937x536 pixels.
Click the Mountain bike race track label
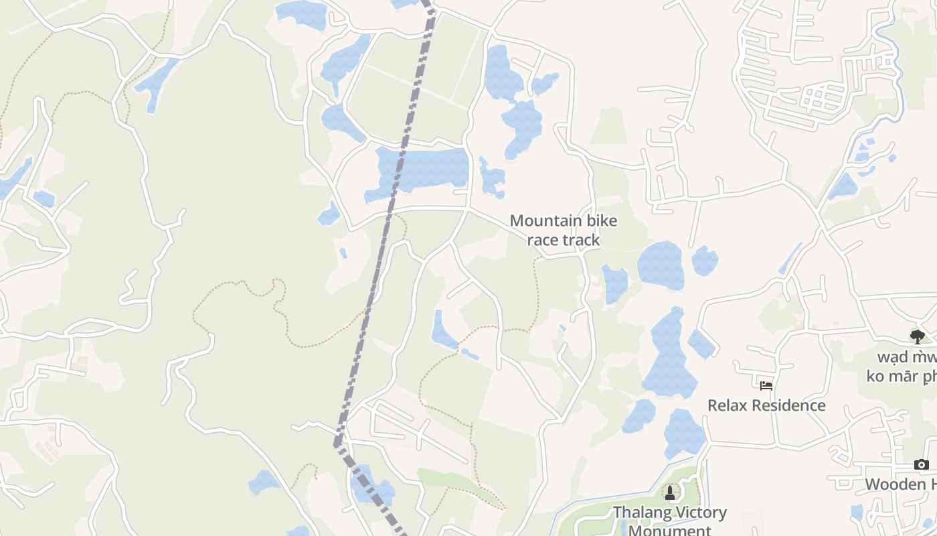(x=564, y=230)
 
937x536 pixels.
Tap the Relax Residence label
(x=766, y=405)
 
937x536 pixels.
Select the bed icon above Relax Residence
(x=766, y=385)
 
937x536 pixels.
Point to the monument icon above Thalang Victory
(x=669, y=493)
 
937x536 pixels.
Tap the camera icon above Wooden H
(x=922, y=464)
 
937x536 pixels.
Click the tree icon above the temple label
(x=917, y=336)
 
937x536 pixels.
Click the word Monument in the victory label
(x=671, y=530)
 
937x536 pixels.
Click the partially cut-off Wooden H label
(x=901, y=484)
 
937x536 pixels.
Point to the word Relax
(x=727, y=405)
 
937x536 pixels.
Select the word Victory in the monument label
(x=699, y=513)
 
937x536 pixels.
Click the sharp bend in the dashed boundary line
(x=337, y=444)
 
